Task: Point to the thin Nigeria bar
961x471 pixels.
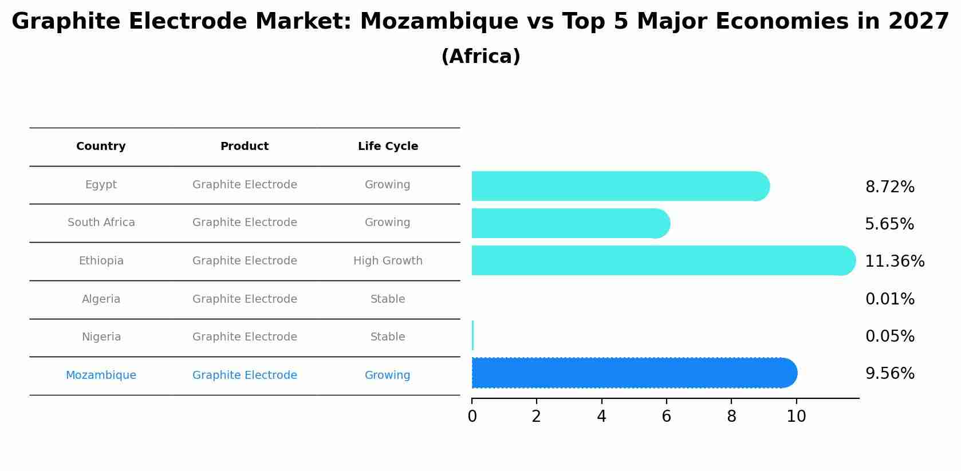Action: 472,335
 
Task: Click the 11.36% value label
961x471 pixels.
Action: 894,262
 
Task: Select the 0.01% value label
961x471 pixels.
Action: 889,299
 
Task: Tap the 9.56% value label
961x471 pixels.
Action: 889,374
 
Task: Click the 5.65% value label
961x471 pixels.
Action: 889,224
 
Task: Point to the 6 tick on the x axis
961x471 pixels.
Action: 666,417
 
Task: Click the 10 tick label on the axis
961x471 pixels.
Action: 796,417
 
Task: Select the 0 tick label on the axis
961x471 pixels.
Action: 472,417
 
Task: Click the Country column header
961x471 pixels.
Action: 101,147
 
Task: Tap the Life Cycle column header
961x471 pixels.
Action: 388,147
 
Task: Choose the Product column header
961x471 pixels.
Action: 245,147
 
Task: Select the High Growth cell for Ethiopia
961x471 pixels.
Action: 388,261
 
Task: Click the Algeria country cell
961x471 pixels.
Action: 101,299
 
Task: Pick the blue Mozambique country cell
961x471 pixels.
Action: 101,375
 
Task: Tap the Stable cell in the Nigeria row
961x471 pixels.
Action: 388,337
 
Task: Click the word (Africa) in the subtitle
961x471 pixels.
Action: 481,57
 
